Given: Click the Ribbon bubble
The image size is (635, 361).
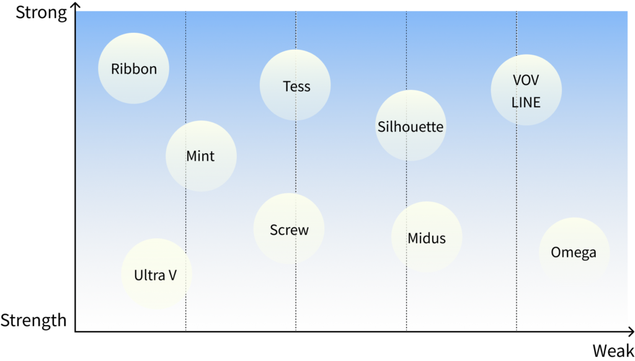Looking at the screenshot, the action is [x=134, y=68].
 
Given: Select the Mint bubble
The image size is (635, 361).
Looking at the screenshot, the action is [x=201, y=156].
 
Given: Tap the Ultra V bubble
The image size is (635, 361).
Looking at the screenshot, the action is [x=156, y=274].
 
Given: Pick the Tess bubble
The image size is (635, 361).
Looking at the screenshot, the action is [x=295, y=85].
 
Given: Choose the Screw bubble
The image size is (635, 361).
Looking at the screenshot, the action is [x=289, y=228].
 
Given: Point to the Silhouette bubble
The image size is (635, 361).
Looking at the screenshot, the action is [x=411, y=125].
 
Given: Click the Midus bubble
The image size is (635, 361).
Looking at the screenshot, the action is [x=427, y=237].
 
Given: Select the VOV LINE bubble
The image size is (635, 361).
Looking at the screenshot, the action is [x=526, y=90].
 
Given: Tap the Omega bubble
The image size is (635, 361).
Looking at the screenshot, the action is [x=574, y=253].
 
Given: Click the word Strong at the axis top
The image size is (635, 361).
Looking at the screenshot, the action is [x=41, y=13].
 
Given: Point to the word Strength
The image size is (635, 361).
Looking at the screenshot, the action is [x=33, y=320].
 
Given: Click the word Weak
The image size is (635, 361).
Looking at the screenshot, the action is [x=613, y=350].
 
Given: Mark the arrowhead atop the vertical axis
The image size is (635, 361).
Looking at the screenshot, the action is [x=75, y=5].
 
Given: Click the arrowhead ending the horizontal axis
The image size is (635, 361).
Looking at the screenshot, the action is [x=631, y=332].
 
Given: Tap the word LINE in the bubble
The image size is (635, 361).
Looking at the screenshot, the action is [x=526, y=102].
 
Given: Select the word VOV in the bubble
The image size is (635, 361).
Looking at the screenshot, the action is [x=526, y=80].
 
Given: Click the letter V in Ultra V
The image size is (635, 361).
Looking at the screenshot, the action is [x=172, y=275].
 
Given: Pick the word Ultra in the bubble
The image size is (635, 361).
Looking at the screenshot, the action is [x=149, y=275].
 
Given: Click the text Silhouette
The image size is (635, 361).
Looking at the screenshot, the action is [x=411, y=127].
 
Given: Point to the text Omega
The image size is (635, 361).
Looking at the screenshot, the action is [x=574, y=253].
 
